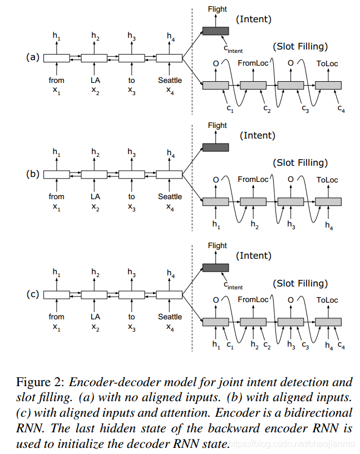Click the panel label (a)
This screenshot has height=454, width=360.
pos(33,57)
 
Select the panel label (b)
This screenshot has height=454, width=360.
pos(33,174)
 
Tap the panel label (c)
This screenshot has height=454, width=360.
pos(33,294)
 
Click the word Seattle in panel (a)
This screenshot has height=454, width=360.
pos(170,80)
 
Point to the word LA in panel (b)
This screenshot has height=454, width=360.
pos(95,196)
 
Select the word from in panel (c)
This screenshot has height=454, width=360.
pos(56,317)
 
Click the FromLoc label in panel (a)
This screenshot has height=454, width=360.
pos(253,63)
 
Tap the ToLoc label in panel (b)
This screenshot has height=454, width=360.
pos(327,180)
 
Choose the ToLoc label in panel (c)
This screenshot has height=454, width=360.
pos(327,300)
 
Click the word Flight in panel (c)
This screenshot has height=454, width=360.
pos(217,245)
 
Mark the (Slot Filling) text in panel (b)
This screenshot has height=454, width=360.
pos(300,162)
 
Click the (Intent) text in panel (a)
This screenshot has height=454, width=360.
pos(254,19)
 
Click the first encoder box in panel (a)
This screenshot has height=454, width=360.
pos(56,58)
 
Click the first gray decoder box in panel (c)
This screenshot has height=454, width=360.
pos(216,322)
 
